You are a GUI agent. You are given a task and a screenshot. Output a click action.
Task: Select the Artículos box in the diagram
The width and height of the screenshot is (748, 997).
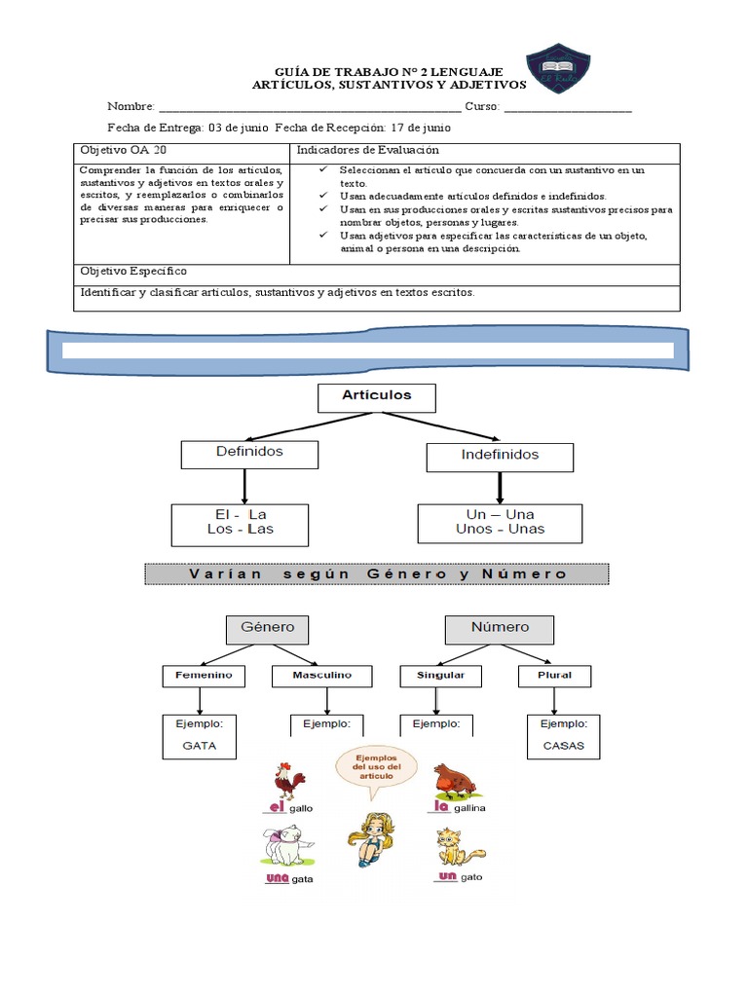(377, 397)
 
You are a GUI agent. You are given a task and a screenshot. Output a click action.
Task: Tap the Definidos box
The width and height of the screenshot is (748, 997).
(249, 454)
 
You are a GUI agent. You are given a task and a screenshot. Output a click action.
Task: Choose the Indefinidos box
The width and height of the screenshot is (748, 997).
(500, 456)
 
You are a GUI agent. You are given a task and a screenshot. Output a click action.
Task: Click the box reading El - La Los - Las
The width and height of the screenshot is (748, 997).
(240, 524)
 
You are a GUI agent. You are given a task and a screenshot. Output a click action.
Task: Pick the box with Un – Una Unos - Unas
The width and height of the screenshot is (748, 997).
(500, 523)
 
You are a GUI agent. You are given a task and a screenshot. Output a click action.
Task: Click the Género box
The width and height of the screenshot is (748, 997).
(267, 629)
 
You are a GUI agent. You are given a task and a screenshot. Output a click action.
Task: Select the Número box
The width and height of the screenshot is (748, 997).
(500, 629)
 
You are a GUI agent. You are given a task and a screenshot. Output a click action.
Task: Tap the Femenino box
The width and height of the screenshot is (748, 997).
(204, 676)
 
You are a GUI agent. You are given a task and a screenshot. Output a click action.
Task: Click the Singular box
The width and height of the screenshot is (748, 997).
(440, 676)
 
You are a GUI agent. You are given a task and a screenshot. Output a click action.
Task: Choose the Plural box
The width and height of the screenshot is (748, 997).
(554, 676)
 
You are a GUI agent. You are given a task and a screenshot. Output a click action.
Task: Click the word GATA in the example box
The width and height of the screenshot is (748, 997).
(199, 748)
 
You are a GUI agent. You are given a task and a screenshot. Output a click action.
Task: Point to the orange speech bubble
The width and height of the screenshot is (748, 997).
(376, 767)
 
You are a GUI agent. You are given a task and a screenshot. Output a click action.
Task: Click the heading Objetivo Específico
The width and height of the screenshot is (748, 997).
(133, 272)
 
